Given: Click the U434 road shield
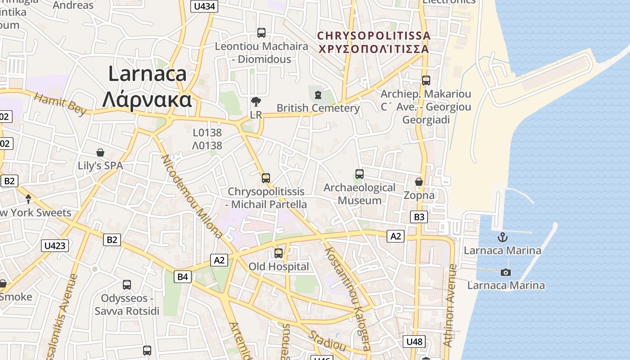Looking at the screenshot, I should click(x=205, y=6).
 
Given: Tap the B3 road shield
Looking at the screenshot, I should click(x=419, y=217).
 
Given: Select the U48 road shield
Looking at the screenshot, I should click(x=414, y=342).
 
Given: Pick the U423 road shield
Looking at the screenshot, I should click(x=55, y=246).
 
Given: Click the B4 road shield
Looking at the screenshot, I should click(x=182, y=276).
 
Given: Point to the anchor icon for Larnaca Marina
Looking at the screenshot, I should click(x=502, y=237).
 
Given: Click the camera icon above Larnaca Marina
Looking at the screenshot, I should click(x=506, y=272).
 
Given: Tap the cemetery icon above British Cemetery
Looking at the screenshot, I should click(x=318, y=95).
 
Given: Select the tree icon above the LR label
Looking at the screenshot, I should click(x=256, y=102).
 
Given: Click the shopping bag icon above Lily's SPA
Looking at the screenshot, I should click(x=100, y=153).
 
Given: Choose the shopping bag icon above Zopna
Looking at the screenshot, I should click(x=419, y=182).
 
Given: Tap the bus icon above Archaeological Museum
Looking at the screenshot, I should click(x=359, y=174).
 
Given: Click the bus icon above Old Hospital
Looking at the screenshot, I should click(x=279, y=253).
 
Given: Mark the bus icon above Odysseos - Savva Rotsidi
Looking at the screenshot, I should click(x=127, y=284).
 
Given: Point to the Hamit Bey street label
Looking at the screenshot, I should click(x=60, y=104).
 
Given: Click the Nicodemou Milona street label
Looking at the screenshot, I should click(x=191, y=196).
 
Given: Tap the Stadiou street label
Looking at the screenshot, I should click(x=328, y=341).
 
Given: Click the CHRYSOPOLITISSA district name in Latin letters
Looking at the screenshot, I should click(x=373, y=36).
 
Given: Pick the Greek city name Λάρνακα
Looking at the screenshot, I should click(x=147, y=100).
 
